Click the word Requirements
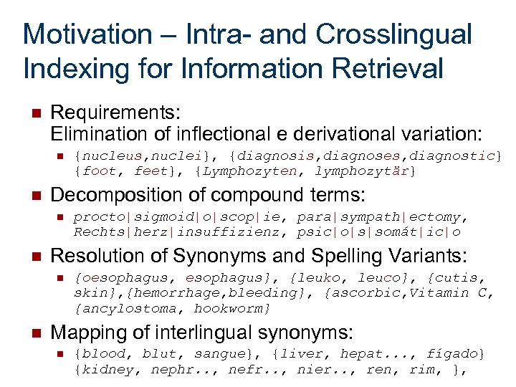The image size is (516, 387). click(115, 113)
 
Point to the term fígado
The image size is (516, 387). click(456, 354)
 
